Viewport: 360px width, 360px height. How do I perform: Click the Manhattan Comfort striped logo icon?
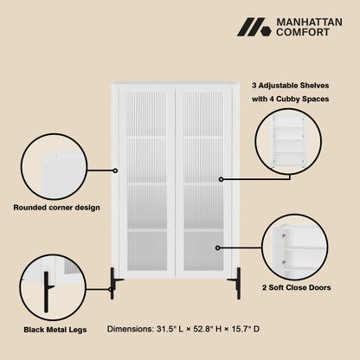click(254, 27)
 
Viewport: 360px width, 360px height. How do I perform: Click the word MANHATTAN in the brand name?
click(309, 22)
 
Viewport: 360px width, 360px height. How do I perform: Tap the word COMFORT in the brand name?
click(303, 32)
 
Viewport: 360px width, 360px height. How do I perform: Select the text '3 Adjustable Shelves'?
click(290, 86)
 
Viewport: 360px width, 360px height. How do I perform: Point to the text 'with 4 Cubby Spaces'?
click(290, 99)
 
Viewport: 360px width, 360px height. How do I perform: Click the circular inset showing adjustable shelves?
click(288, 142)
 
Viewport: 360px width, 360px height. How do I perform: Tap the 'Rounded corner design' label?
click(56, 208)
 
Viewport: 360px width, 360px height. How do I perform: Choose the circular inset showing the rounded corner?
click(54, 166)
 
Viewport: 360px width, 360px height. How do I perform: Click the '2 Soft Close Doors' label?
click(296, 287)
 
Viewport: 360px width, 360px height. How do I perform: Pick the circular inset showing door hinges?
click(295, 247)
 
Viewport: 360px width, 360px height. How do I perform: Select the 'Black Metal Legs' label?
click(55, 330)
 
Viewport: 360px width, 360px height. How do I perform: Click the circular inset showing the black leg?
click(53, 287)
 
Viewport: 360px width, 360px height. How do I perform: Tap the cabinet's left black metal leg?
click(114, 283)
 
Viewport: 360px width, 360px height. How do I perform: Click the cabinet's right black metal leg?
click(235, 283)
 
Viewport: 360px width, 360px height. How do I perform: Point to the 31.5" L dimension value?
click(170, 329)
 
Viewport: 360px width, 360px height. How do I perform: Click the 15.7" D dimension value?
click(245, 329)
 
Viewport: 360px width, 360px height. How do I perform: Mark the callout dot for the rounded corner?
click(115, 170)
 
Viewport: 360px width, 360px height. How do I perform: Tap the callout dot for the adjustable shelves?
click(221, 179)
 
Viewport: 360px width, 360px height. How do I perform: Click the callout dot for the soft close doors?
click(218, 247)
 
